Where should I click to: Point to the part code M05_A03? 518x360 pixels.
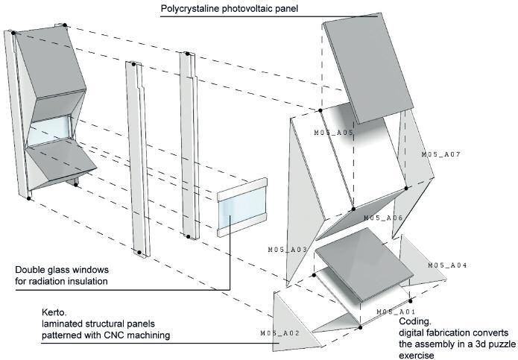[x=288, y=249]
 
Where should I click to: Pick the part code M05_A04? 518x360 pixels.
[x=447, y=265]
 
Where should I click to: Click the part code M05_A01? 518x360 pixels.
[x=395, y=311]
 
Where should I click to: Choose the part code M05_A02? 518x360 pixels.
[x=279, y=332]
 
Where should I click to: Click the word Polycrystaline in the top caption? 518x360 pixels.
[x=192, y=10]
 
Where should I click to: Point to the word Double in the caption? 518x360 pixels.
[x=32, y=269]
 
